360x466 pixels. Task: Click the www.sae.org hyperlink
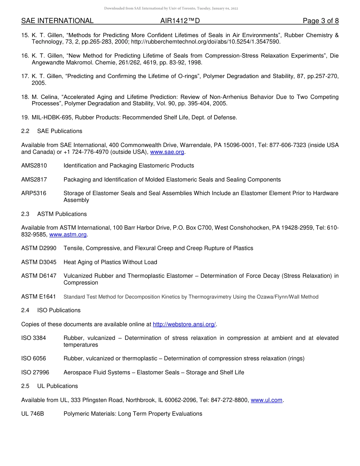point(167,152)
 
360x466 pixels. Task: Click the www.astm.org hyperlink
point(68,235)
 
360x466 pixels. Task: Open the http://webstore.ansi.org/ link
point(184,324)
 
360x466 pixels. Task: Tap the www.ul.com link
point(266,400)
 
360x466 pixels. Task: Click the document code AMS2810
point(34,166)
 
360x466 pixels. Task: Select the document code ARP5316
point(34,193)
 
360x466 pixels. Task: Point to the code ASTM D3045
point(39,262)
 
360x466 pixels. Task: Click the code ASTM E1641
point(39,297)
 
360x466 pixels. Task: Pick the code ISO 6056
point(33,358)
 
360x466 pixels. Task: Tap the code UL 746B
point(33,414)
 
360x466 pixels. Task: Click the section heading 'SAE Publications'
point(59,131)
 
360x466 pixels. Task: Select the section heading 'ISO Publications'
point(59,310)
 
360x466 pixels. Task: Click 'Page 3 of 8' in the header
point(321,21)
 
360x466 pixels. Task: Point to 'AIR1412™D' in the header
point(180,21)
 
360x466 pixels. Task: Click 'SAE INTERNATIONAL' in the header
point(57,21)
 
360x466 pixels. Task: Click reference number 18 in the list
point(25,97)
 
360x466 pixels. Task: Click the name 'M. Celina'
point(45,97)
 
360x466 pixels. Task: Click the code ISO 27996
point(35,372)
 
